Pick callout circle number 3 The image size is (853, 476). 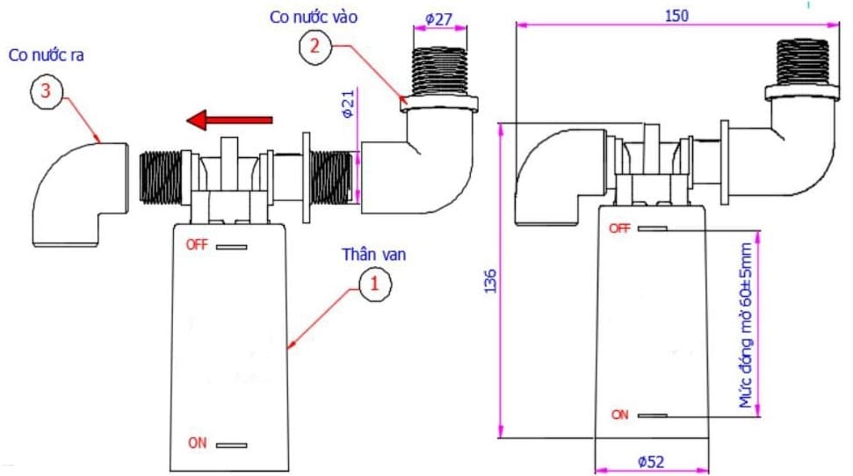(x=47, y=90)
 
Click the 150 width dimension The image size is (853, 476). (x=676, y=15)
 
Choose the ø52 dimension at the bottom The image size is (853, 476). (x=650, y=460)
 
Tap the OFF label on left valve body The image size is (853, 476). (x=196, y=245)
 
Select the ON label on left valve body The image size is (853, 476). (x=197, y=444)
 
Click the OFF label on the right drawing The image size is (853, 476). (x=619, y=228)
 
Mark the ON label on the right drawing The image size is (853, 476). (x=620, y=415)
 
